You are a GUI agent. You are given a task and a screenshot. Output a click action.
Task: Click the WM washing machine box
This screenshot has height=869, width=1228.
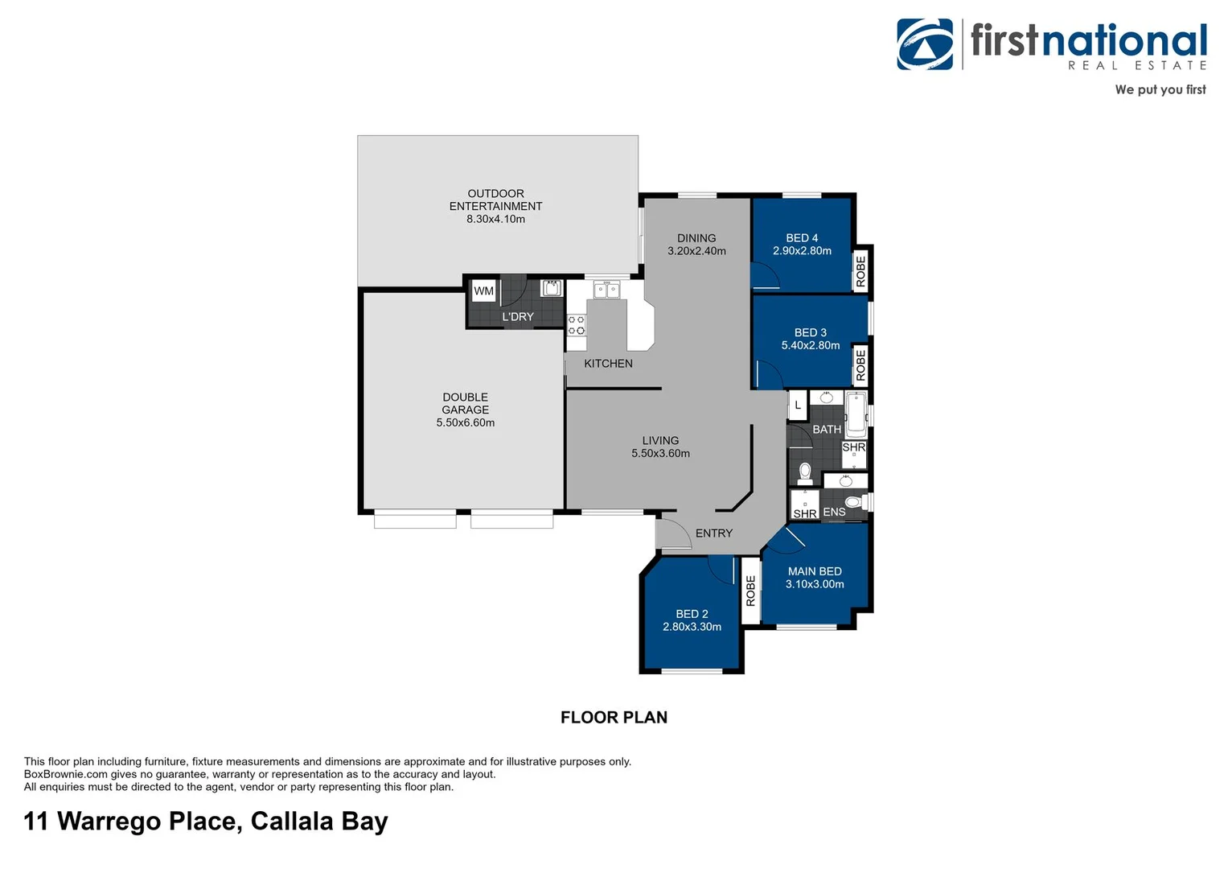click(x=483, y=291)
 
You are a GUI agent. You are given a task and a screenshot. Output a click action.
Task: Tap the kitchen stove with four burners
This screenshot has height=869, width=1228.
click(x=576, y=325)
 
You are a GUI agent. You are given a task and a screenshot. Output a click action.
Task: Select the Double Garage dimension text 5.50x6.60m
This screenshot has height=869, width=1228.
click(x=465, y=422)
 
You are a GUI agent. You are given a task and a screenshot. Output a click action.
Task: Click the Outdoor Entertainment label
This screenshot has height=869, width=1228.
click(x=495, y=200)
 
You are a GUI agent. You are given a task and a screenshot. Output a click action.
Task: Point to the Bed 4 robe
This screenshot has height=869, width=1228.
click(x=861, y=270)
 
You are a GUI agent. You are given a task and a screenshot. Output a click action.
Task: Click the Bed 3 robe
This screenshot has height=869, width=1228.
click(x=861, y=365)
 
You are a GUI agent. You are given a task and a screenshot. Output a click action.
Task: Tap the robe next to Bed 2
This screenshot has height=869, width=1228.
click(x=750, y=591)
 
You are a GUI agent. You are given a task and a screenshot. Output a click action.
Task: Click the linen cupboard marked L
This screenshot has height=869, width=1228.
click(x=798, y=405)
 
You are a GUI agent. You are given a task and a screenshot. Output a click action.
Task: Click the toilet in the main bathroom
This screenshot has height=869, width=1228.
click(x=805, y=472)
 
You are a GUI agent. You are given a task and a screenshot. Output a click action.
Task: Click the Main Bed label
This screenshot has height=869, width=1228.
click(x=815, y=571)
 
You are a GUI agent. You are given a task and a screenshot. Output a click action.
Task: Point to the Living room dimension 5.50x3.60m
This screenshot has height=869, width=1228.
click(x=660, y=453)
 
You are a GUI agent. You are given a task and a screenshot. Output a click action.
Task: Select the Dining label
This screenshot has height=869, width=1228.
click(x=696, y=238)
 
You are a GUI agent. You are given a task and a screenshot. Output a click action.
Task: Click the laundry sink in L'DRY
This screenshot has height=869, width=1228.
click(x=551, y=287)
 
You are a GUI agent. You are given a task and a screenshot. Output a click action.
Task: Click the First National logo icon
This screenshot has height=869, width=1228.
click(x=925, y=44)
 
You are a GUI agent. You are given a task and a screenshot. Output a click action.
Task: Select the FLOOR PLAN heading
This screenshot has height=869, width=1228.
click(x=614, y=717)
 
